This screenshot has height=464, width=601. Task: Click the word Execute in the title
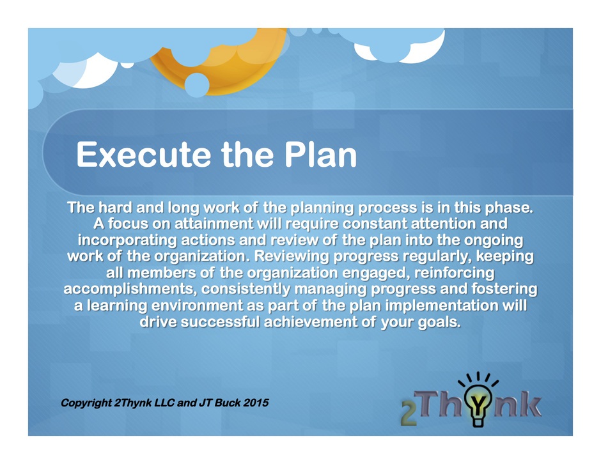(144, 155)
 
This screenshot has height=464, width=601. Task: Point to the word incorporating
(127, 240)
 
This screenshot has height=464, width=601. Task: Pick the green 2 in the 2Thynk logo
(409, 414)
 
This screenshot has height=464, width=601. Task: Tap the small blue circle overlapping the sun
(197, 84)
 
